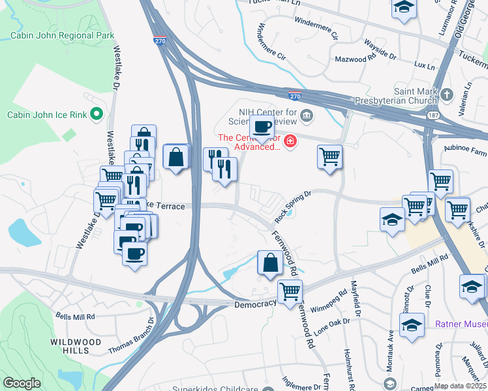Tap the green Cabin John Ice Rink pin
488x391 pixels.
point(97,115)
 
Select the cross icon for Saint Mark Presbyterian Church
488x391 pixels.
point(446,94)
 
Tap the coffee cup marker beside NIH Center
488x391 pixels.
point(262,126)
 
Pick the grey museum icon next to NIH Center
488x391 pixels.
point(307,116)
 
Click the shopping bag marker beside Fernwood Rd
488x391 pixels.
point(270,263)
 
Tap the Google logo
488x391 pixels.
point(22,383)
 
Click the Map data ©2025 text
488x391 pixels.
point(459,386)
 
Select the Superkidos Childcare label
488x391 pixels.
point(216,389)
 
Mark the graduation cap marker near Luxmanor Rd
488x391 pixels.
point(404,8)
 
